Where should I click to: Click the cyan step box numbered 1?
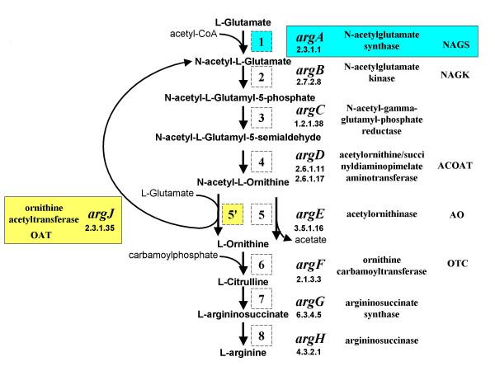pos(260,40)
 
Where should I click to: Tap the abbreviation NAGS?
pos(456,50)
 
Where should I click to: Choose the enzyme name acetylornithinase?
pos(381,214)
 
